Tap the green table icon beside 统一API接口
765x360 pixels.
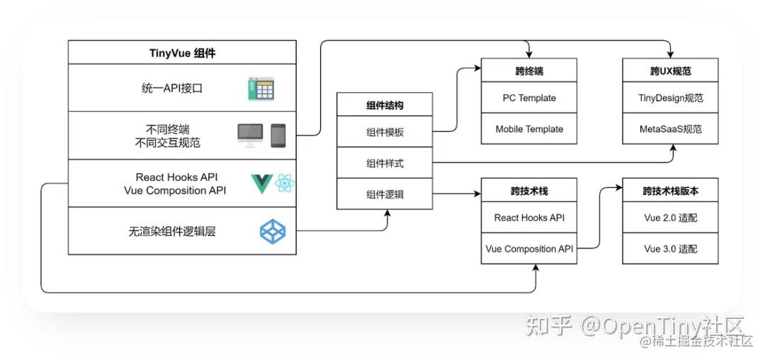pos(261,89)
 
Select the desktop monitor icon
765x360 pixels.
pos(249,134)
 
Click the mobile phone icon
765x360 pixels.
pos(278,134)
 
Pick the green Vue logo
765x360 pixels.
pos(261,184)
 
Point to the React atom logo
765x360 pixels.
pos(285,184)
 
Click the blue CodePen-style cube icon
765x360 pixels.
pos(273,232)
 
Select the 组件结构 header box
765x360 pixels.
pos(384,106)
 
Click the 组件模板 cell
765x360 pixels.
pos(384,133)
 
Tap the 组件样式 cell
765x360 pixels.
pos(384,163)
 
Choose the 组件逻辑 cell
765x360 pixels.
pos(384,193)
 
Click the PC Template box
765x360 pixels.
pos(528,98)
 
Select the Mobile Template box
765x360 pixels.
pos(528,129)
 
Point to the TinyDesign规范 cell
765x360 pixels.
pos(670,98)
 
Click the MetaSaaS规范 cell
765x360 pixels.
pos(670,129)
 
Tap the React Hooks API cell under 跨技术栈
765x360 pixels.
pos(528,218)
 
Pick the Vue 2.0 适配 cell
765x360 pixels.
pos(670,218)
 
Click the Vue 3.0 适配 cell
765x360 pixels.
pos(670,249)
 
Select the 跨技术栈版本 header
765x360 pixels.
pos(670,191)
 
